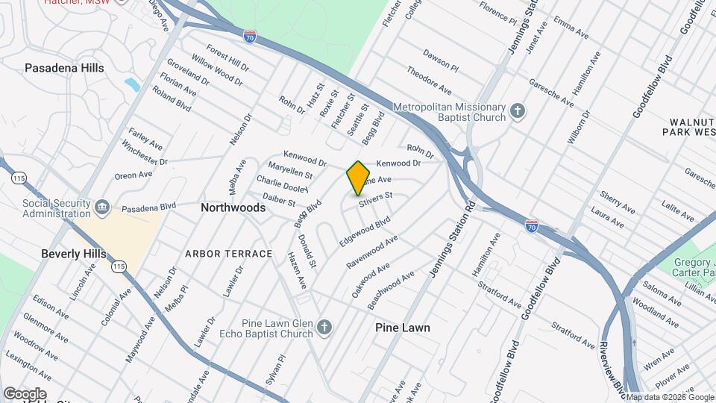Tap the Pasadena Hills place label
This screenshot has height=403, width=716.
pyautogui.click(x=64, y=68)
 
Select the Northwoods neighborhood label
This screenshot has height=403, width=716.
pyautogui.click(x=233, y=208)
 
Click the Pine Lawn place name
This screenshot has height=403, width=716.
pyautogui.click(x=403, y=328)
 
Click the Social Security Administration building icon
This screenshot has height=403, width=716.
pyautogui.click(x=102, y=207)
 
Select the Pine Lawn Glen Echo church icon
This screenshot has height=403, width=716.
pyautogui.click(x=324, y=327)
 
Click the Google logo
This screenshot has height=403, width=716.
pyautogui.click(x=25, y=394)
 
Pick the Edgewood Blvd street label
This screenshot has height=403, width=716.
pyautogui.click(x=365, y=233)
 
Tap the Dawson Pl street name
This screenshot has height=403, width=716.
pyautogui.click(x=441, y=60)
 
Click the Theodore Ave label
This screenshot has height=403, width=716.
pyautogui.click(x=429, y=81)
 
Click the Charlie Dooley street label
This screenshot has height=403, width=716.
pyautogui.click(x=282, y=184)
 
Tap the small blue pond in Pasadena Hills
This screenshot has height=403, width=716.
pyautogui.click(x=133, y=84)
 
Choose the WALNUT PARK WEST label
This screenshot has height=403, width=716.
pyautogui.click(x=688, y=126)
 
